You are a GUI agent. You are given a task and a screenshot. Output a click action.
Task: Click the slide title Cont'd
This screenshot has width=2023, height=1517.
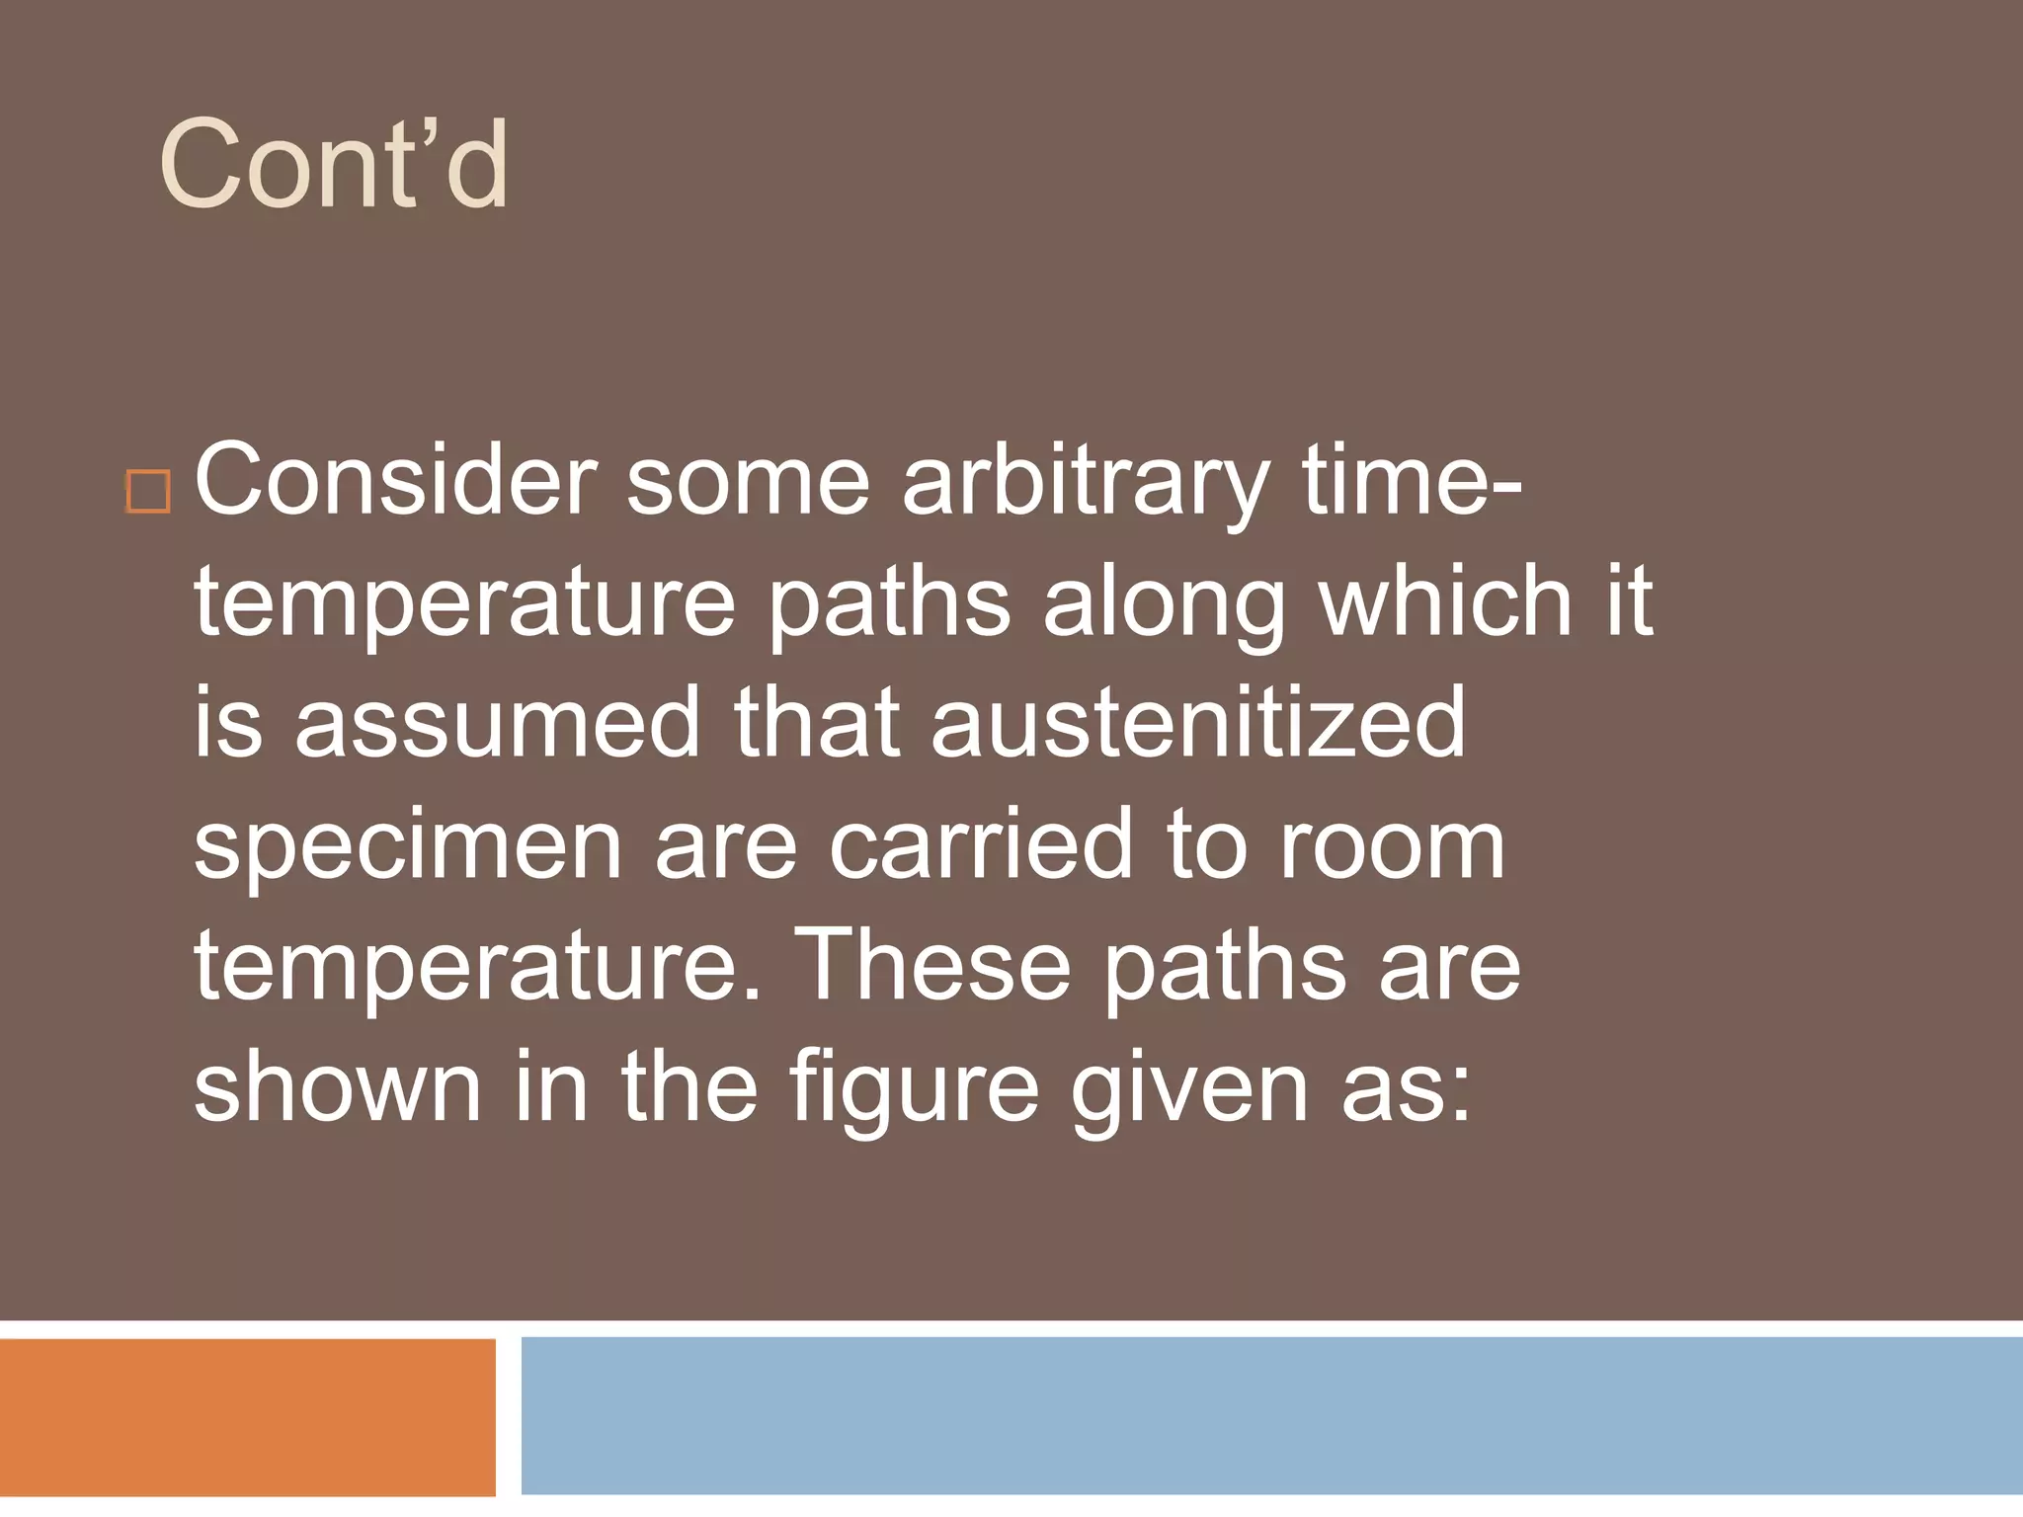click(x=334, y=164)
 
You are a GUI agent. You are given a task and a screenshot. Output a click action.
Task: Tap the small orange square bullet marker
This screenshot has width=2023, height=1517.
click(x=148, y=491)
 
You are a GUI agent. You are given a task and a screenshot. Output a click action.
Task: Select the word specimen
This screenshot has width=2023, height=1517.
click(x=407, y=847)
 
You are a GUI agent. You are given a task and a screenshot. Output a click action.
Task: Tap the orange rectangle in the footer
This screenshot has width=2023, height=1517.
click(x=247, y=1416)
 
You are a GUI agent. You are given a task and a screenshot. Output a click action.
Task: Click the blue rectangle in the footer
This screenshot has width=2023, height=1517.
click(x=1271, y=1414)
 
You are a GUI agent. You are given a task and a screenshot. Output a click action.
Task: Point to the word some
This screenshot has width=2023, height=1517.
click(x=748, y=482)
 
